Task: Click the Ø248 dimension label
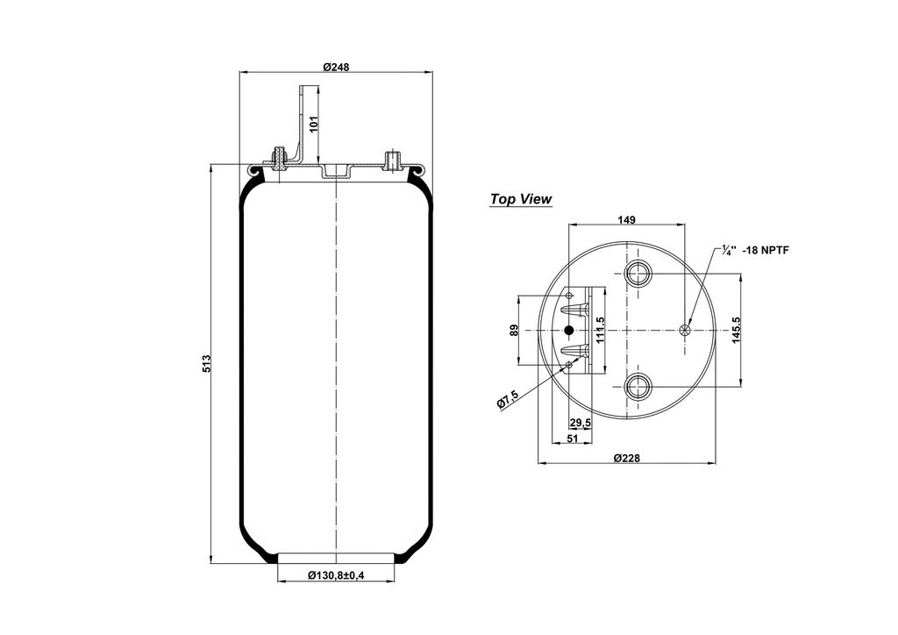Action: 337,67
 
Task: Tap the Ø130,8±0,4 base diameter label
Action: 337,575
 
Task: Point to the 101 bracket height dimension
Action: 314,122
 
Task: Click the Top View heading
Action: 521,199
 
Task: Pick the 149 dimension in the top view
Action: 626,219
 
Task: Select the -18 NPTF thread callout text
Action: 766,250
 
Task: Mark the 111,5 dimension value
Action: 600,330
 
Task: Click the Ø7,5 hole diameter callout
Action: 508,399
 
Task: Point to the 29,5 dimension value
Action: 580,424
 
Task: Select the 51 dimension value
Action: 572,438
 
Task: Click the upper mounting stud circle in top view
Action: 638,274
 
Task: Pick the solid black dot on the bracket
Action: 569,330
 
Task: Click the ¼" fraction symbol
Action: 728,250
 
